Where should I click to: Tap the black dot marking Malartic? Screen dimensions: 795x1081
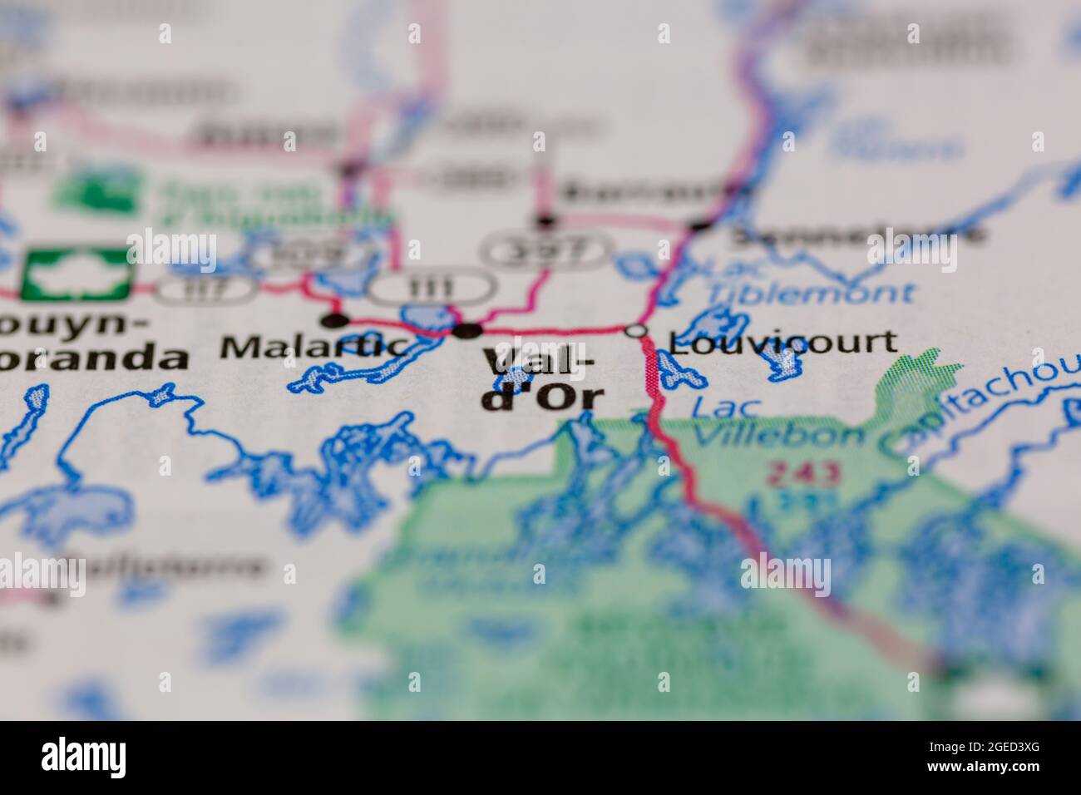[x=334, y=320]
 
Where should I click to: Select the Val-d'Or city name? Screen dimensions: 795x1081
[x=540, y=379]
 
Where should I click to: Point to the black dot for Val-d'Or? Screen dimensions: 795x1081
[x=467, y=331]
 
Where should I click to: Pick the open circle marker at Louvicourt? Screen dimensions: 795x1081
[x=637, y=331]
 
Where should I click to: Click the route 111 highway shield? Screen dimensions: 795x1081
[x=432, y=288]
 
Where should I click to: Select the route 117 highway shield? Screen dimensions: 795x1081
[x=205, y=288]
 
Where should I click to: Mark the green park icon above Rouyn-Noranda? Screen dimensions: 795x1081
[x=77, y=273]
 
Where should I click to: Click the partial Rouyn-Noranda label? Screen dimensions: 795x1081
[x=91, y=341]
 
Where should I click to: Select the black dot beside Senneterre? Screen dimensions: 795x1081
[x=700, y=225]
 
